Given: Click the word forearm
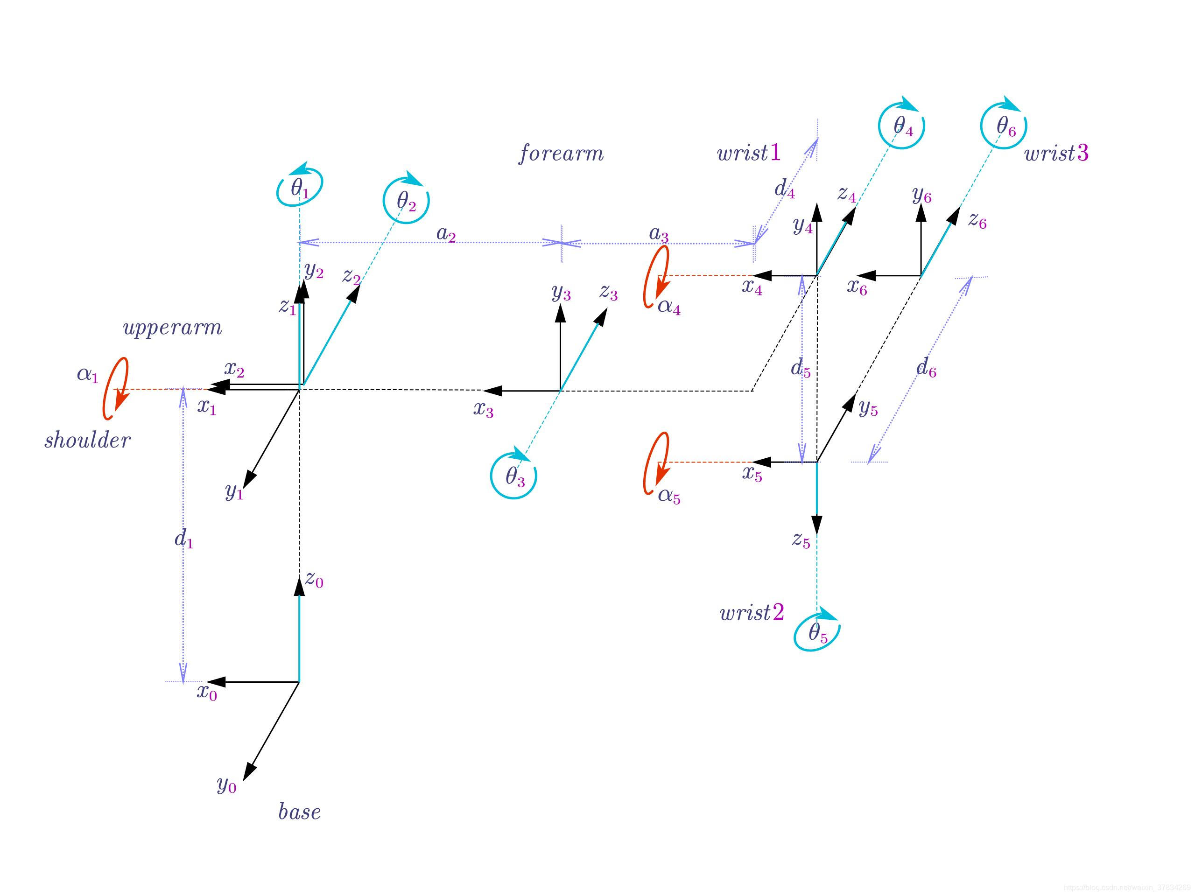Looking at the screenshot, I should (x=561, y=154).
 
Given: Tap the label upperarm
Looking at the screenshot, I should (x=172, y=328).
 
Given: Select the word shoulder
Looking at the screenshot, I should (x=87, y=440).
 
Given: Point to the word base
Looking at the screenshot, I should (x=299, y=812).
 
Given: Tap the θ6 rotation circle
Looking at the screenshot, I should (x=1004, y=126).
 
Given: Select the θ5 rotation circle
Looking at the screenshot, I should (x=817, y=632).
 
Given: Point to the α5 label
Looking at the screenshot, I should (x=669, y=495).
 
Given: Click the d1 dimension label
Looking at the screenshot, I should (x=183, y=539).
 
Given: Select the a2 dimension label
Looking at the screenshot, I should (x=446, y=234).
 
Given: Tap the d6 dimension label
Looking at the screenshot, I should (x=926, y=368).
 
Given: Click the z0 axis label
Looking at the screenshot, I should (x=314, y=579).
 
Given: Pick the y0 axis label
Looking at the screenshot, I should (x=226, y=784).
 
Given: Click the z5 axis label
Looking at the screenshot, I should (x=801, y=539).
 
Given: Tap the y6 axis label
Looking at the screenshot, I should (x=921, y=195).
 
